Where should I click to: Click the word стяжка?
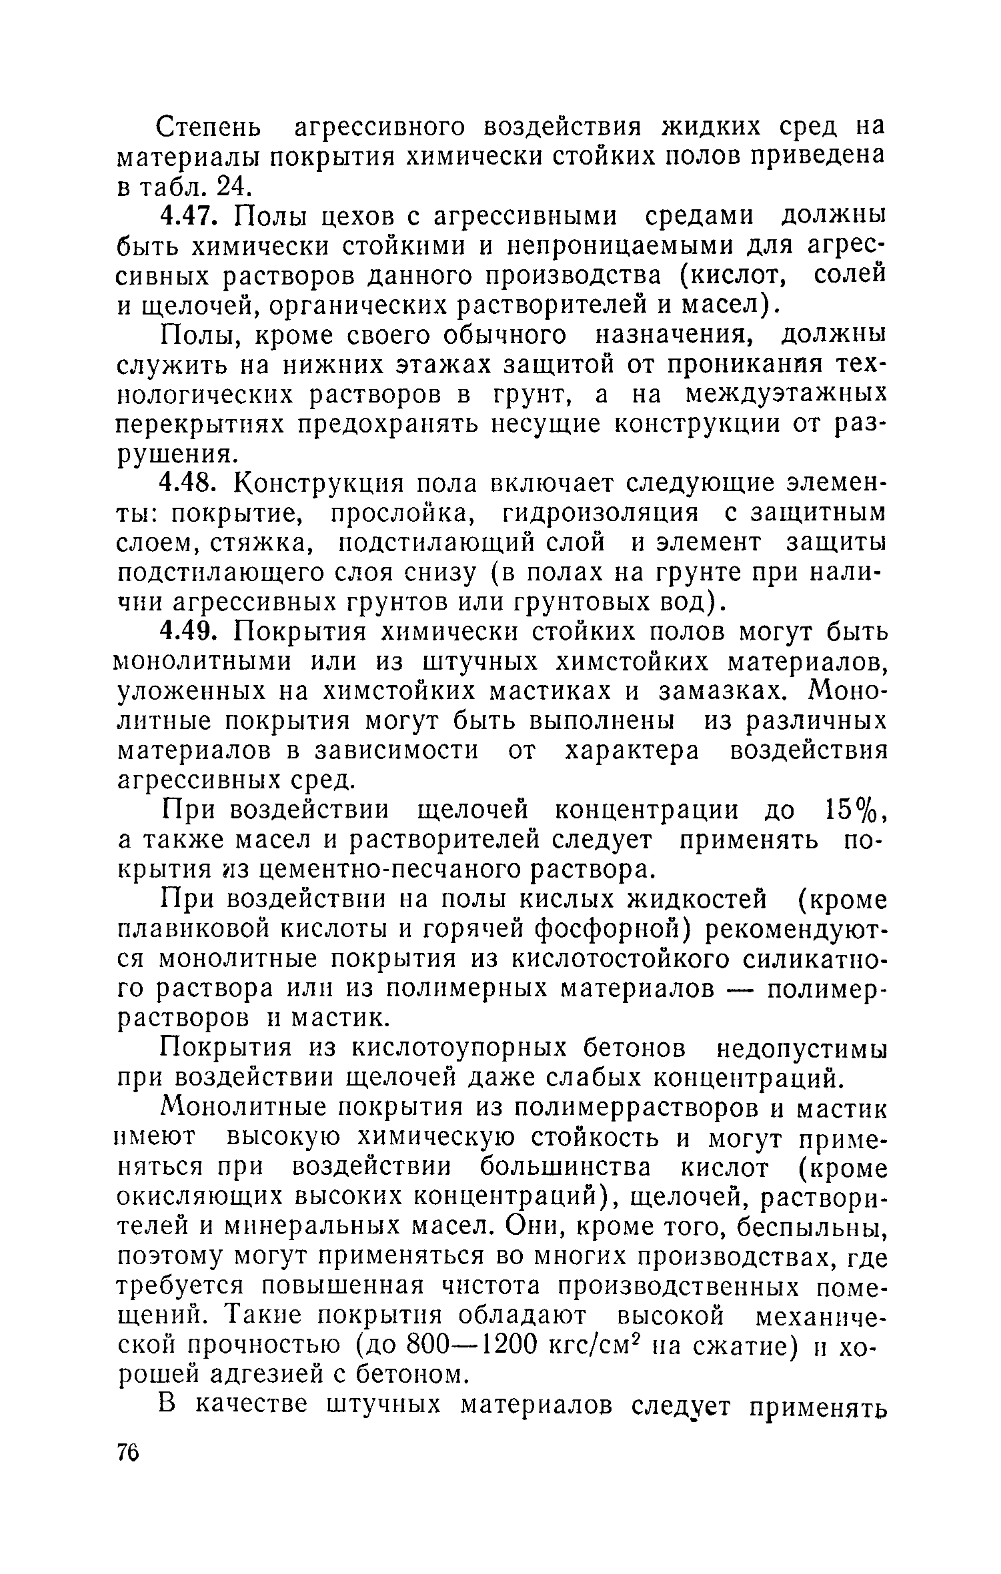point(253,543)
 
